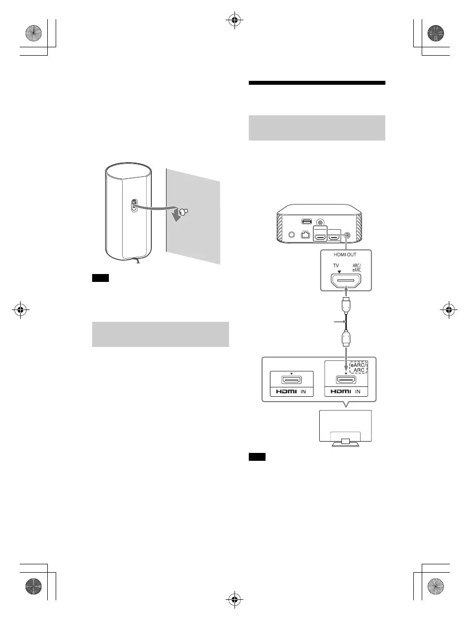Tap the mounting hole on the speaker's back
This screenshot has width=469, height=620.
pos(134,205)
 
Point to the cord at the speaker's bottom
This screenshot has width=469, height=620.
pos(137,260)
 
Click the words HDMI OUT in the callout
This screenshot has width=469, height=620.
pos(345,254)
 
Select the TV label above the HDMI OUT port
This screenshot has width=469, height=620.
pos(336,266)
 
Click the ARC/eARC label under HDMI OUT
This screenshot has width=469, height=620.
pos(357,268)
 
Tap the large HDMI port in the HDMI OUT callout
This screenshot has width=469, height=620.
pos(346,281)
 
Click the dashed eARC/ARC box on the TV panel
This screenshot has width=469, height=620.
pos(358,367)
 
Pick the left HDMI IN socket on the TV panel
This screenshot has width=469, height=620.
pos(291,380)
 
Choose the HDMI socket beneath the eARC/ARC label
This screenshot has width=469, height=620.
pos(346,380)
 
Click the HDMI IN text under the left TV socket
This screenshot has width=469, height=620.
pos(291,391)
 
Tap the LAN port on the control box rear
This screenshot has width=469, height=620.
pos(305,235)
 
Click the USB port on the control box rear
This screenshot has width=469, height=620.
pos(306,221)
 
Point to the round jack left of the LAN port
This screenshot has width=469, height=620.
pos(292,235)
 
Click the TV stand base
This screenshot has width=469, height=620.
pos(346,445)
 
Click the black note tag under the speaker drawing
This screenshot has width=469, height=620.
pos(100,277)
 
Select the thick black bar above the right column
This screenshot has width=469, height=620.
pos(317,83)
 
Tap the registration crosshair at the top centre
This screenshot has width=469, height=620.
pos(234,20)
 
